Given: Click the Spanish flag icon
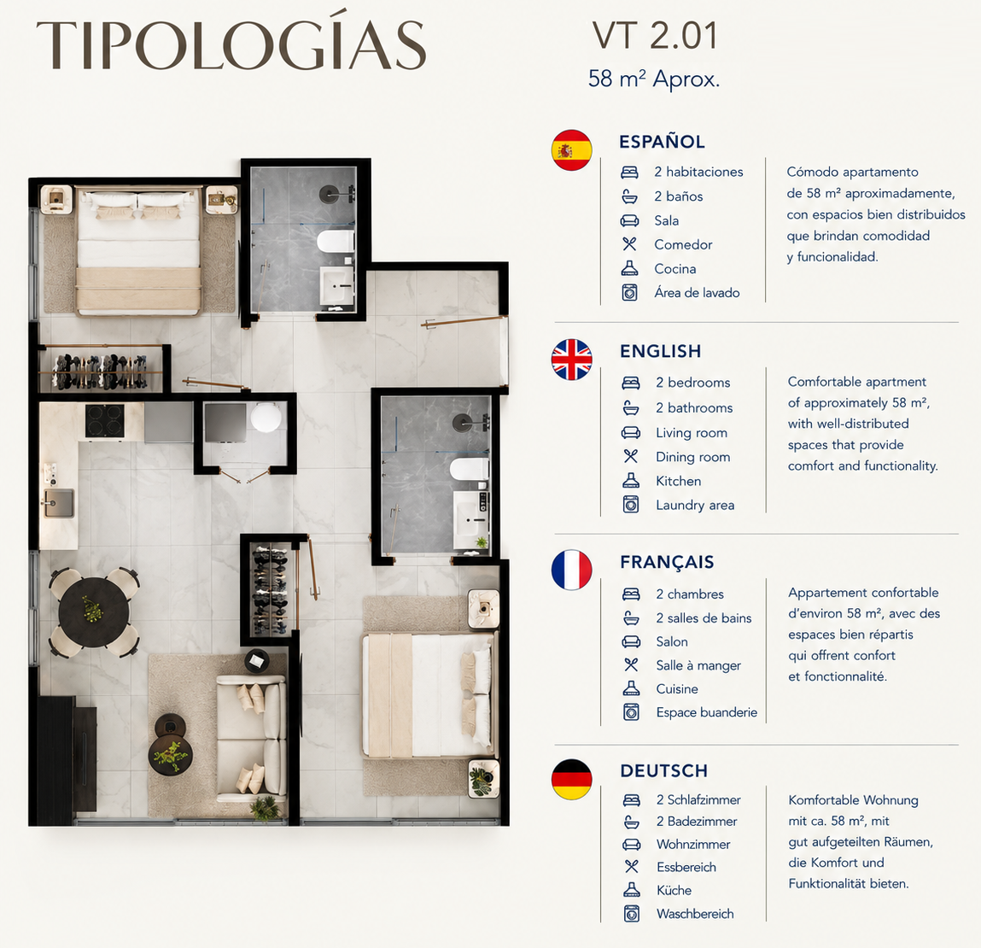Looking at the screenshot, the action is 571,150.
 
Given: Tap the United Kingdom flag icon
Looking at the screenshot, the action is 571,360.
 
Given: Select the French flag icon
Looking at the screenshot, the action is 571,570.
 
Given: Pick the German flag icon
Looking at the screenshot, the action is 571,780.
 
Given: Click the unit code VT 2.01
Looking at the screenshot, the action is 654,36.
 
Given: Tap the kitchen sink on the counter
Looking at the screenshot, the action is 58,502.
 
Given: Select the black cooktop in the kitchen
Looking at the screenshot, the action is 104,420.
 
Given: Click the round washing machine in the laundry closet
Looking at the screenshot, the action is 266,418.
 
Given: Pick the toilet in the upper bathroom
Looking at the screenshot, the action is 336,242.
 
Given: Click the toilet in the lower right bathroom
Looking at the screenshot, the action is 469,470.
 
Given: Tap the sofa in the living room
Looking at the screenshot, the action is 252,739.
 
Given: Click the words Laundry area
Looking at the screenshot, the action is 695,505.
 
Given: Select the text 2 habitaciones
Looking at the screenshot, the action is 699,172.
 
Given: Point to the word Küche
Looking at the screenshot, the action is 674,890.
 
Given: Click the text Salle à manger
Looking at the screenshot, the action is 698,665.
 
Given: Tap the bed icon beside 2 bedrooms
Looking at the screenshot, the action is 631,383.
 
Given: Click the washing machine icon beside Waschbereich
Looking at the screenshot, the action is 632,914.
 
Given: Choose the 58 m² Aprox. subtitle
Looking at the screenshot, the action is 654,79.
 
